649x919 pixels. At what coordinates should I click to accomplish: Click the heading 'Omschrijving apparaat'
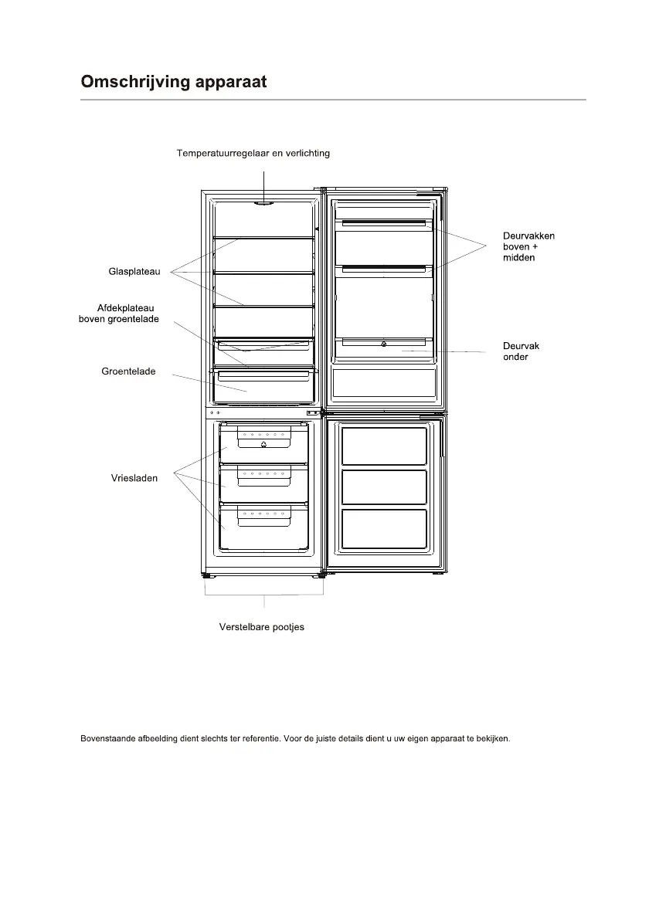tap(174, 82)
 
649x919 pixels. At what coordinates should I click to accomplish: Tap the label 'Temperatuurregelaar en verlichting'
tap(253, 153)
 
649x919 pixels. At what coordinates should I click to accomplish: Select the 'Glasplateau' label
tap(134, 271)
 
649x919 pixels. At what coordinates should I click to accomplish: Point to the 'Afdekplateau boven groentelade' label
tap(119, 314)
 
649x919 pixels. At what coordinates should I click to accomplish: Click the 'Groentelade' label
tap(128, 371)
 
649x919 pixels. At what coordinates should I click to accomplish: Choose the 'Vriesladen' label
tap(134, 478)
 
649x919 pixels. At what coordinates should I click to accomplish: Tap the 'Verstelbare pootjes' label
tap(262, 626)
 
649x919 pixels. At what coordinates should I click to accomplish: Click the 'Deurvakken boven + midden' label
tap(523, 246)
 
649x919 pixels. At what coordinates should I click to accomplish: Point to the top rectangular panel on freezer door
tap(384, 446)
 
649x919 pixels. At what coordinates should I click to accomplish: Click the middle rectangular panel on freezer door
tap(384, 487)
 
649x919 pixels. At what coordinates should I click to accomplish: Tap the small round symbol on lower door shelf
tap(384, 344)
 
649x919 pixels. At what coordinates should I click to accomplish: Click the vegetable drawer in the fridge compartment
tap(263, 386)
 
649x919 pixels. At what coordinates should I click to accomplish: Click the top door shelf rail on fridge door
tap(384, 224)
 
